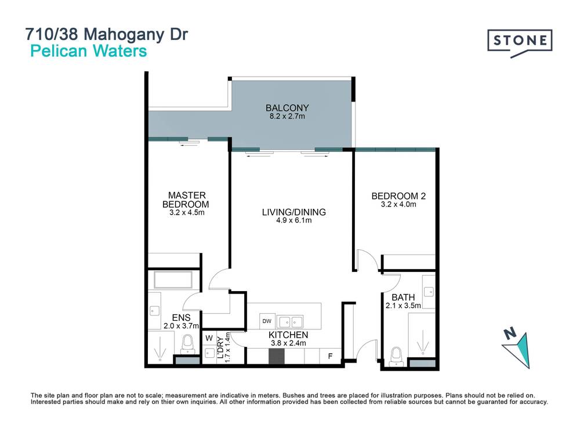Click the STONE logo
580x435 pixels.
[519, 42]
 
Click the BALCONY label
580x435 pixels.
[287, 107]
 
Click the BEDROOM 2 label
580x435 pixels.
[398, 197]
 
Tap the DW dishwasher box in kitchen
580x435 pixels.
[267, 321]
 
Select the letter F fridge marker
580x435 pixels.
[331, 356]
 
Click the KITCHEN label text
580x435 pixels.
[288, 335]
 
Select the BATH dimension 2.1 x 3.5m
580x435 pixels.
[403, 305]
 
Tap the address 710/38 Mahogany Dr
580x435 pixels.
[106, 34]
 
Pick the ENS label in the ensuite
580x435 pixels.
[182, 317]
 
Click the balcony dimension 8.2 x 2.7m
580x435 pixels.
[287, 116]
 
